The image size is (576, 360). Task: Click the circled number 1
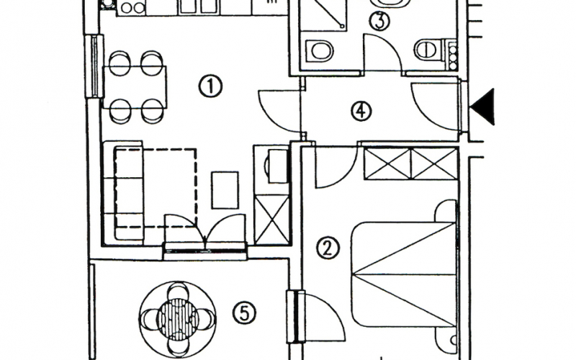(x=210, y=86)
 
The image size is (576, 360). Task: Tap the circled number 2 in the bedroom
(x=328, y=248)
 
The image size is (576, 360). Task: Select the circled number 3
(x=379, y=20)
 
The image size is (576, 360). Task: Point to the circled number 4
(x=361, y=111)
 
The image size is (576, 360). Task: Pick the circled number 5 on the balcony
(x=244, y=313)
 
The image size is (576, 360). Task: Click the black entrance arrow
(x=484, y=107)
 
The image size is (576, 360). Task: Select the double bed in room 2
(x=404, y=274)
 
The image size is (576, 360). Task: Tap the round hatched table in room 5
(x=178, y=318)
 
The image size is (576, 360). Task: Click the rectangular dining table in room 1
(x=135, y=87)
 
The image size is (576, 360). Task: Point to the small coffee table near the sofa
(x=225, y=190)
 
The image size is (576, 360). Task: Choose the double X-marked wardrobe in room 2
(x=410, y=163)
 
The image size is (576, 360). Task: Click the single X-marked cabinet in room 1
(x=272, y=220)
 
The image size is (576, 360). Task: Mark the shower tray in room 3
(x=323, y=14)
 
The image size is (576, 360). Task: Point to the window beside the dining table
(x=94, y=66)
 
